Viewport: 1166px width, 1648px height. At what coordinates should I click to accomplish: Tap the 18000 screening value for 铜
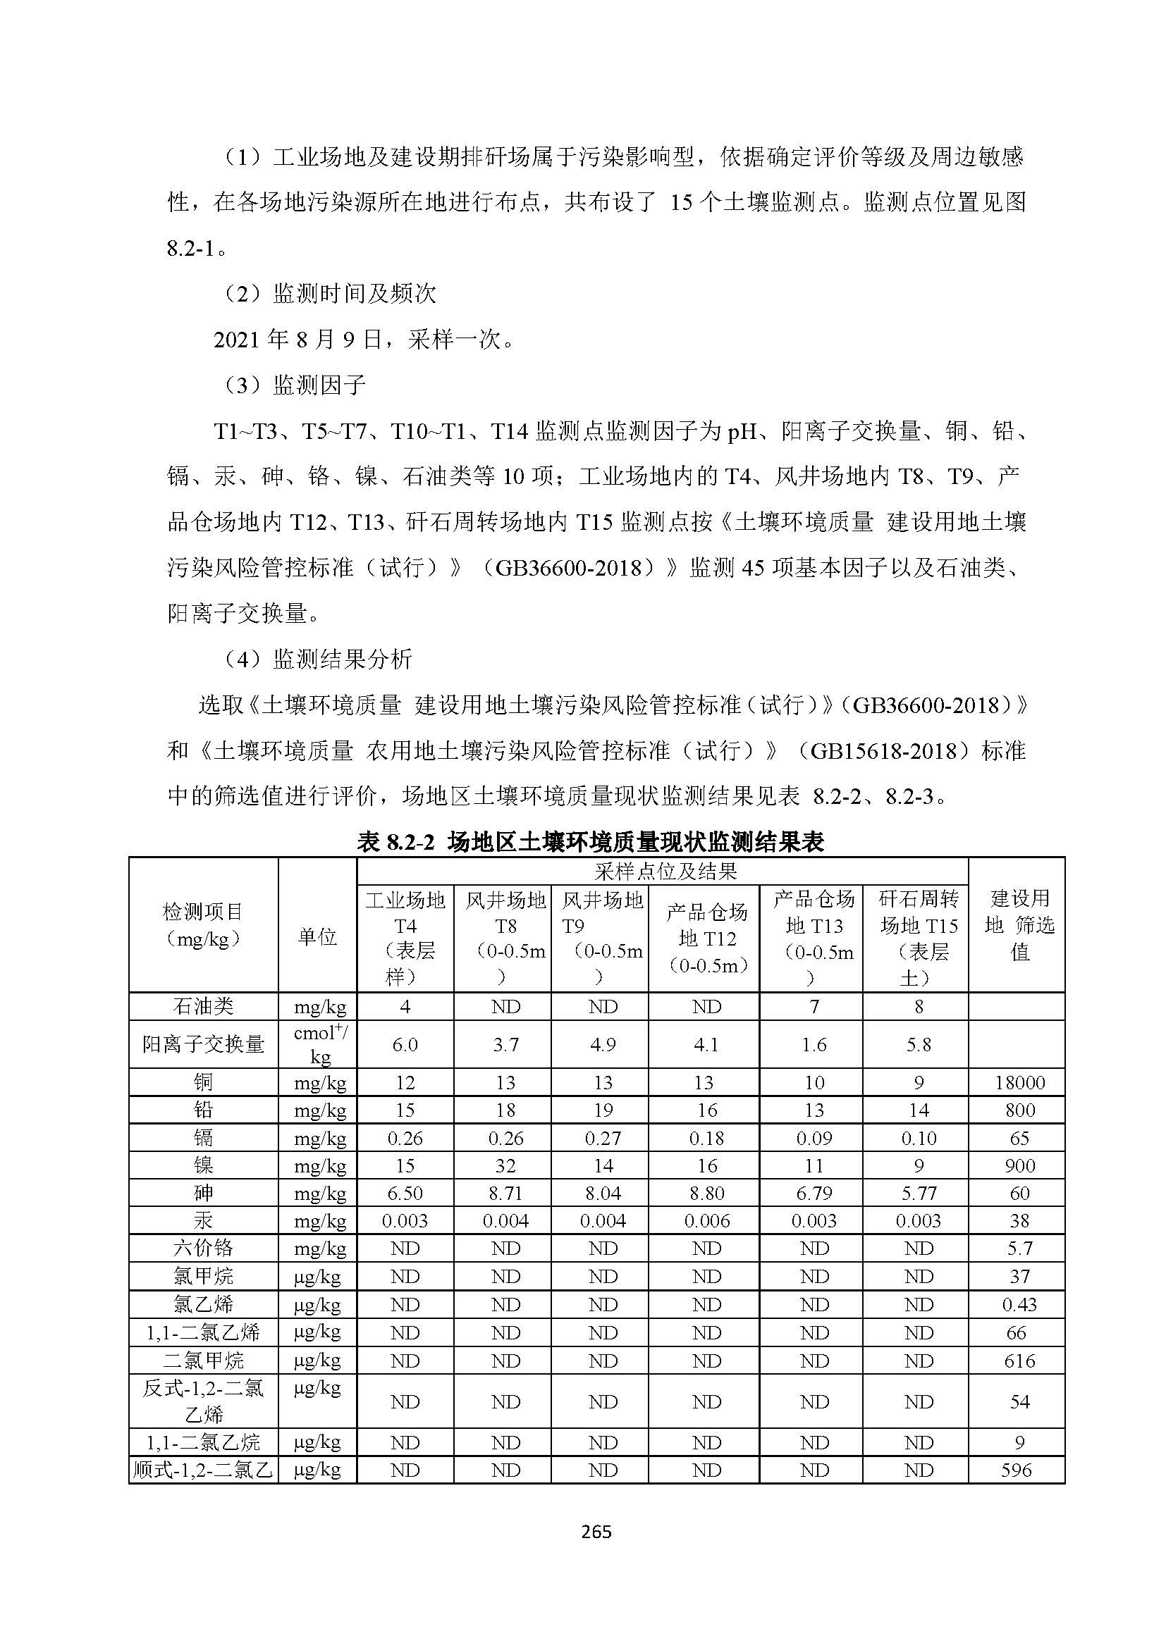pyautogui.click(x=1019, y=1082)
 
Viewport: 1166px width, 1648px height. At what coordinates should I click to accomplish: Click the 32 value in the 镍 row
pyautogui.click(x=505, y=1165)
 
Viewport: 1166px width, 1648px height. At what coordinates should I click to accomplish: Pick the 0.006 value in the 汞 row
pyautogui.click(x=706, y=1221)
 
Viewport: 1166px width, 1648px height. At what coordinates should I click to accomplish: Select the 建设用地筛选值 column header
pyautogui.click(x=1019, y=924)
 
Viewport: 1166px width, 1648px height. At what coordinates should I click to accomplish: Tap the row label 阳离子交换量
pyautogui.click(x=203, y=1044)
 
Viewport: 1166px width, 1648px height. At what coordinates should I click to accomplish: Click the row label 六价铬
pyautogui.click(x=203, y=1249)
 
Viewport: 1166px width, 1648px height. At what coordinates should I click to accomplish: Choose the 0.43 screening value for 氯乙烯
pyautogui.click(x=1019, y=1304)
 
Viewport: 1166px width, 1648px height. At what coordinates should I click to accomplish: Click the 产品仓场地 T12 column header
pyautogui.click(x=706, y=938)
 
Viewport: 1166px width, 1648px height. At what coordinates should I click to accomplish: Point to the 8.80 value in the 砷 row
pyautogui.click(x=706, y=1194)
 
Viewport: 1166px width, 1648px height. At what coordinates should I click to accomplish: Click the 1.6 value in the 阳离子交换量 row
pyautogui.click(x=814, y=1045)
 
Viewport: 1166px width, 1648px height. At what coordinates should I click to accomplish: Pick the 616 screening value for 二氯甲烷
pyautogui.click(x=1019, y=1360)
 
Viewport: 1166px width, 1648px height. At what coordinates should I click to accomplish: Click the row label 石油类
pyautogui.click(x=203, y=1007)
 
